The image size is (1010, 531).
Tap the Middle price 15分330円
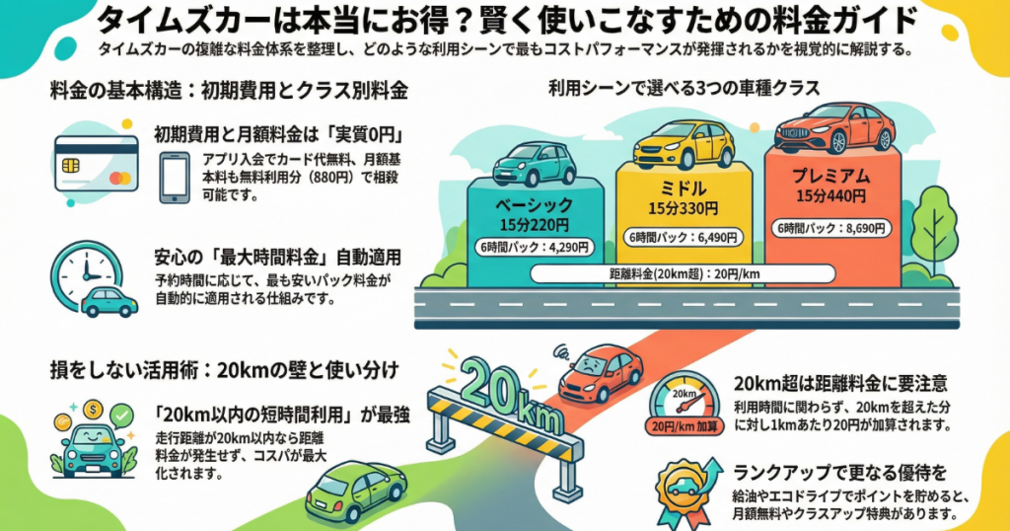tap(684, 209)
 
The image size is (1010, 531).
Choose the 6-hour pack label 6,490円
tap(684, 238)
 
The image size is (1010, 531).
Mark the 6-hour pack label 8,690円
tap(834, 228)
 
